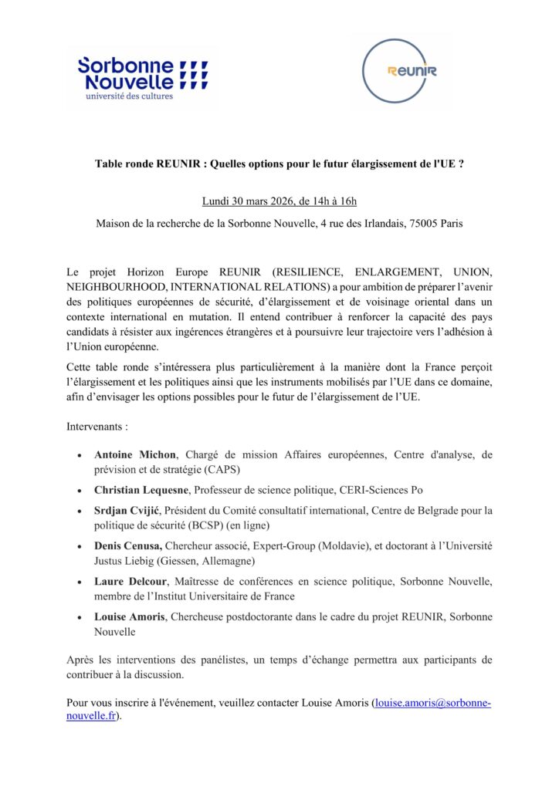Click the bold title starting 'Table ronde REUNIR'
[x=279, y=164]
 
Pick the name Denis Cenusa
[x=127, y=546]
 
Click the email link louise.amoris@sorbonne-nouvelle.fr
[x=432, y=704]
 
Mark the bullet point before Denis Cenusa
[x=81, y=546]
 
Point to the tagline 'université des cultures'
[x=129, y=96]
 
